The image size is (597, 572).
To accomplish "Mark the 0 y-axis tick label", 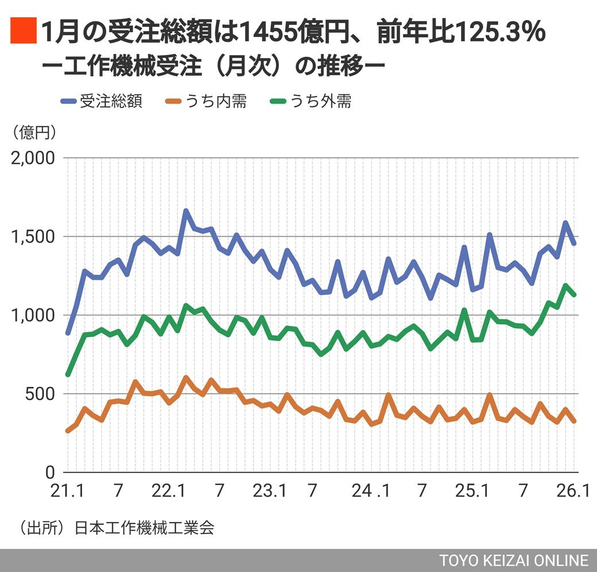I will [x=50, y=473].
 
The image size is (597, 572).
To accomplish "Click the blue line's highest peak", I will [x=186, y=211].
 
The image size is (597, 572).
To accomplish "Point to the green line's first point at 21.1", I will [x=68, y=374].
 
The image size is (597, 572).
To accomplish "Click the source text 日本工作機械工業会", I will [x=145, y=528].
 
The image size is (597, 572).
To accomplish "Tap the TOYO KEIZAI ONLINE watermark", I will [x=514, y=561].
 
